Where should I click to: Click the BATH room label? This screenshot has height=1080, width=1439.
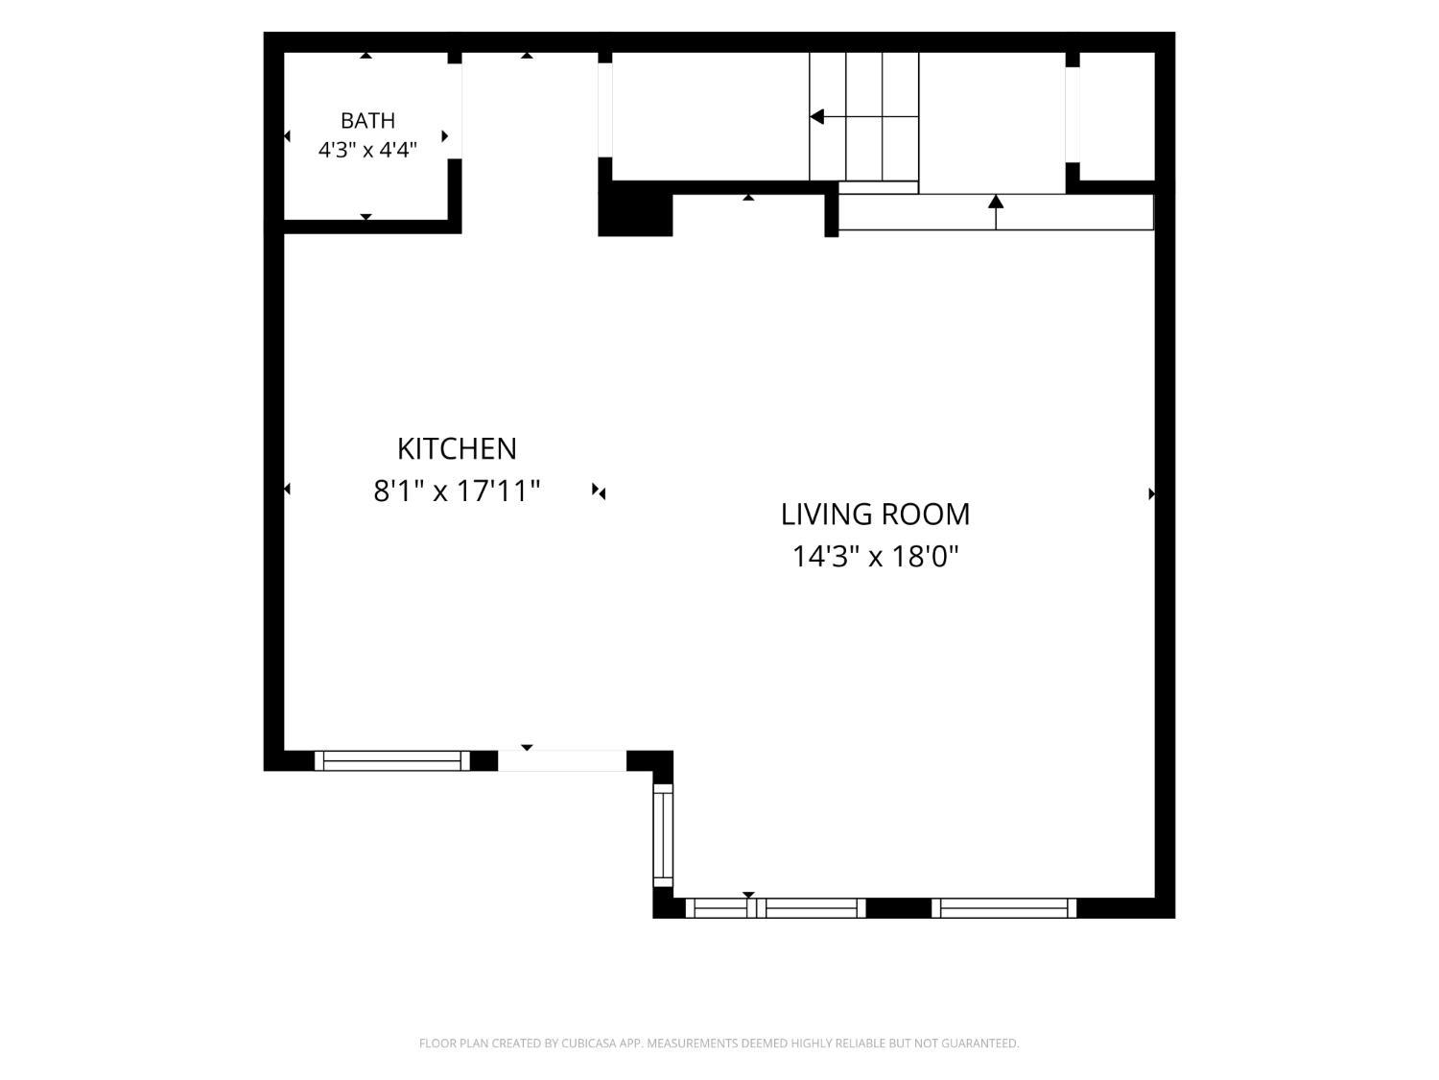tap(367, 121)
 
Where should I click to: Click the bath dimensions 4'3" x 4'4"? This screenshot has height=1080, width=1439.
tap(367, 150)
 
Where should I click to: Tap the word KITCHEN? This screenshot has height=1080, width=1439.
tap(457, 449)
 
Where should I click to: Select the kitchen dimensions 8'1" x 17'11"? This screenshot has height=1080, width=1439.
tap(457, 492)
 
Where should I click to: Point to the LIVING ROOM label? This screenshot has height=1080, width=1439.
tap(875, 515)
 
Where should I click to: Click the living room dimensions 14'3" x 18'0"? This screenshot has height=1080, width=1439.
tap(875, 557)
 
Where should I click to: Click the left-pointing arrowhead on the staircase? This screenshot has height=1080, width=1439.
tap(816, 117)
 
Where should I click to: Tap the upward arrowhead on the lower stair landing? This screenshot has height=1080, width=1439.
tap(996, 202)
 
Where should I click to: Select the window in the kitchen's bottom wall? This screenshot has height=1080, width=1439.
tap(392, 760)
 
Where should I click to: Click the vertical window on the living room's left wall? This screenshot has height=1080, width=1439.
tap(664, 835)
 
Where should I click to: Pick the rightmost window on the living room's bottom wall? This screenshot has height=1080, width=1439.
tap(1003, 908)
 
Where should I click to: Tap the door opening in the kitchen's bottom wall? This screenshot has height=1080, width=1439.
tap(562, 760)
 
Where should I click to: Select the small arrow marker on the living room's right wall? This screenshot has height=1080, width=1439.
tap(1152, 493)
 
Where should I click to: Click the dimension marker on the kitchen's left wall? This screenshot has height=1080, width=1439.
tap(287, 489)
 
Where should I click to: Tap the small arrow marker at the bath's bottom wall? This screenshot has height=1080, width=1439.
tap(366, 217)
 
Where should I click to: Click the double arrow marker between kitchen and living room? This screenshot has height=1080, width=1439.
tap(599, 492)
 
